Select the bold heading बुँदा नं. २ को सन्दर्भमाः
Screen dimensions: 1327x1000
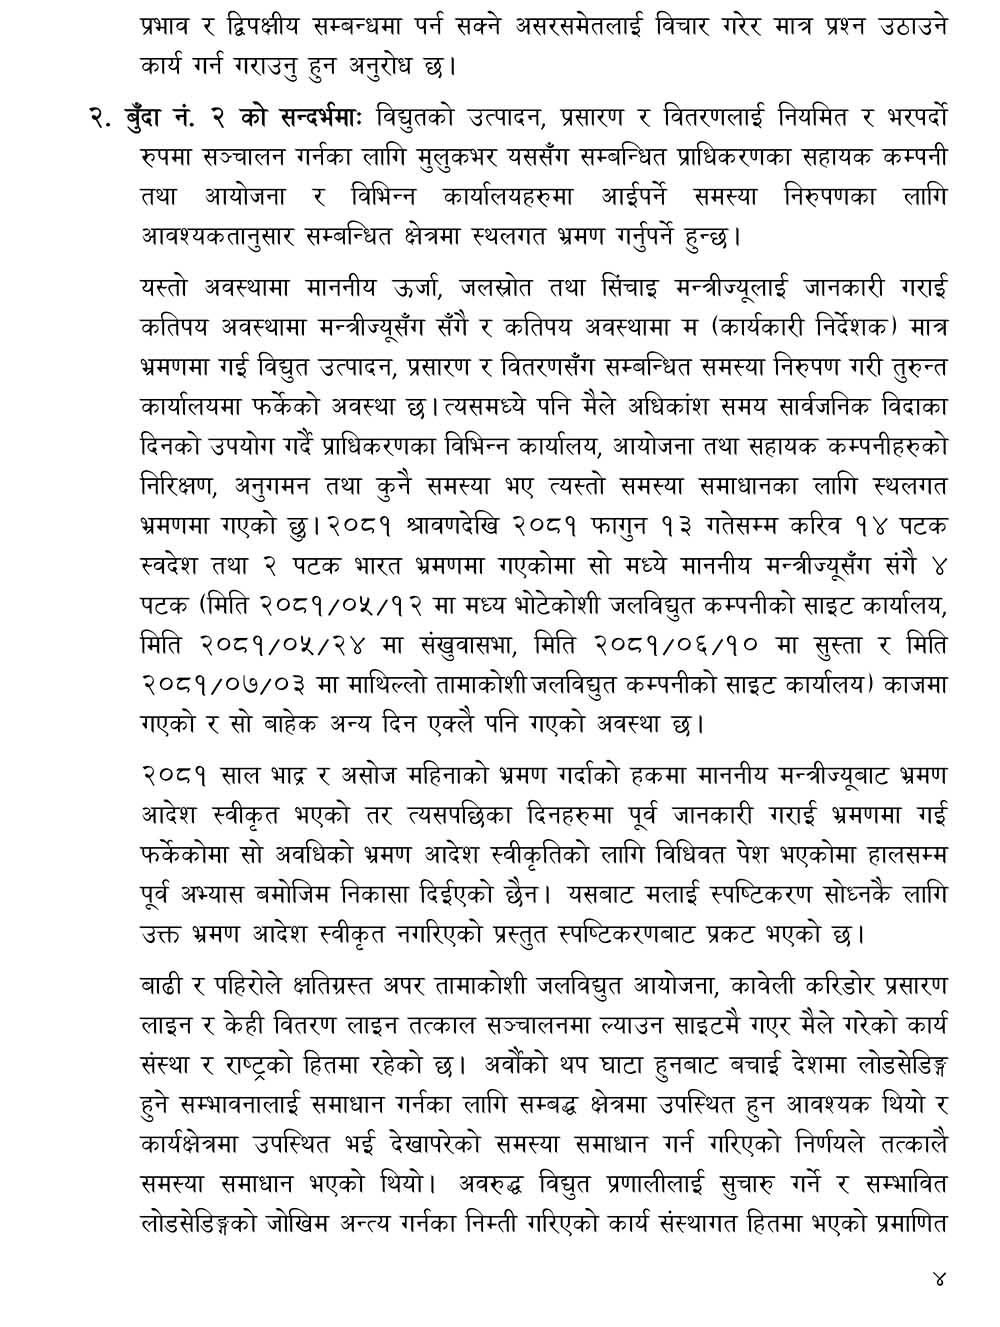tap(227, 119)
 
